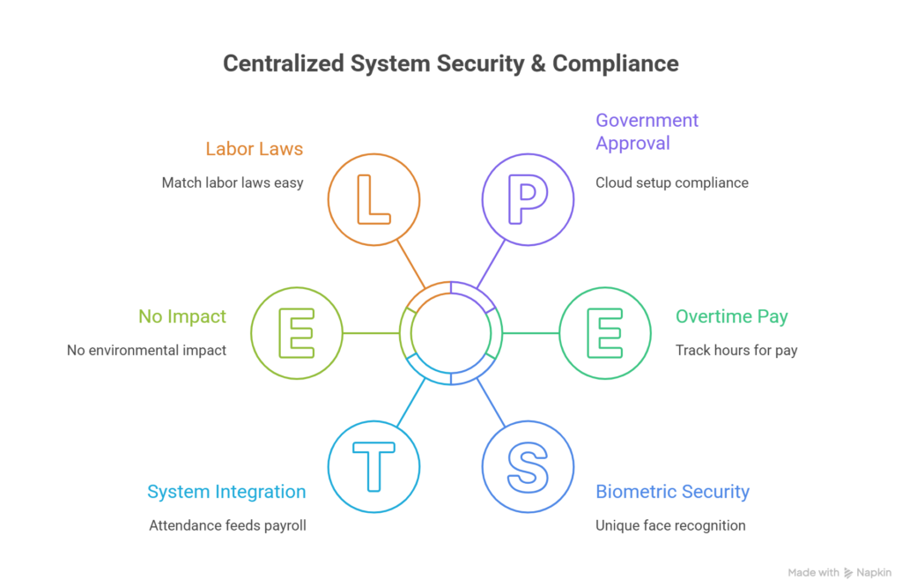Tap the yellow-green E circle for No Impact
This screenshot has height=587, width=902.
coord(297,332)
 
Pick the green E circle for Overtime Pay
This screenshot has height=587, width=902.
coord(605,332)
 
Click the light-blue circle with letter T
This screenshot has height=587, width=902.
coord(373,466)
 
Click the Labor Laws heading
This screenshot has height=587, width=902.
coord(255,149)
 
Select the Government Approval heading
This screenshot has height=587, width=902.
coord(647,131)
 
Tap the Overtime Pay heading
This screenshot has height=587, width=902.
coord(731,316)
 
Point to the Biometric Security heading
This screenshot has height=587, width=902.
coord(672,492)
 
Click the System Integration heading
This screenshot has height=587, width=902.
coord(226,492)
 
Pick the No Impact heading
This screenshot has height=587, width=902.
coord(182,316)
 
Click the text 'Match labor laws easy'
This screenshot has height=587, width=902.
coord(233,183)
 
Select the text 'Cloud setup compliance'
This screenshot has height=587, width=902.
coord(671,183)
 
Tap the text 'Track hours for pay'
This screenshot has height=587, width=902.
coord(736,350)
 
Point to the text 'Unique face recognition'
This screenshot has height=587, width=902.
coord(670,525)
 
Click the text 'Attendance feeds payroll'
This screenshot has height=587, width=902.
coord(227,525)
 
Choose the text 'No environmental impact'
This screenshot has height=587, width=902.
coord(147,350)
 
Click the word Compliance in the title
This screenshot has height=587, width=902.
coord(616,64)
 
